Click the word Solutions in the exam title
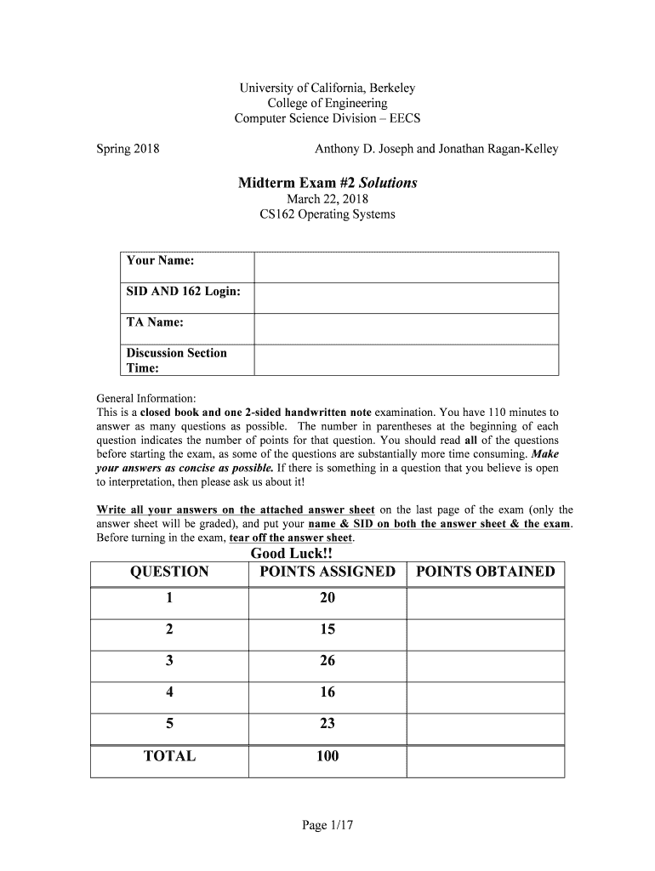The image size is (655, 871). tap(388, 183)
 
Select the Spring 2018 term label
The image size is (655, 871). tap(127, 149)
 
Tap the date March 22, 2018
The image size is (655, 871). tap(327, 199)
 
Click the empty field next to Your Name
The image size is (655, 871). tap(407, 267)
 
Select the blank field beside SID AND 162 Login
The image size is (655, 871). tap(407, 298)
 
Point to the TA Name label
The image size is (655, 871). tap(155, 322)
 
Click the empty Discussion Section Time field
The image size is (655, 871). tap(407, 360)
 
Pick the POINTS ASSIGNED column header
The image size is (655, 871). tap(327, 572)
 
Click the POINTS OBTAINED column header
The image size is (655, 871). tap(485, 572)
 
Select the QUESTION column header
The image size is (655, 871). tap(169, 572)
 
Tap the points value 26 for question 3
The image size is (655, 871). tap(327, 661)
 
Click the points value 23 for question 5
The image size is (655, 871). tap(327, 724)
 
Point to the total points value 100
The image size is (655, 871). tap(327, 756)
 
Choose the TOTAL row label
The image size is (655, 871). tap(169, 756)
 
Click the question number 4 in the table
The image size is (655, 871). tap(169, 692)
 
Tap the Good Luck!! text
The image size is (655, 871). tap(291, 554)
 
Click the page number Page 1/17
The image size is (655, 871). tap(327, 825)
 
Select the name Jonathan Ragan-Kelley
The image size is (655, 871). tap(498, 149)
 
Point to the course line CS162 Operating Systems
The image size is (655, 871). tap(327, 214)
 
